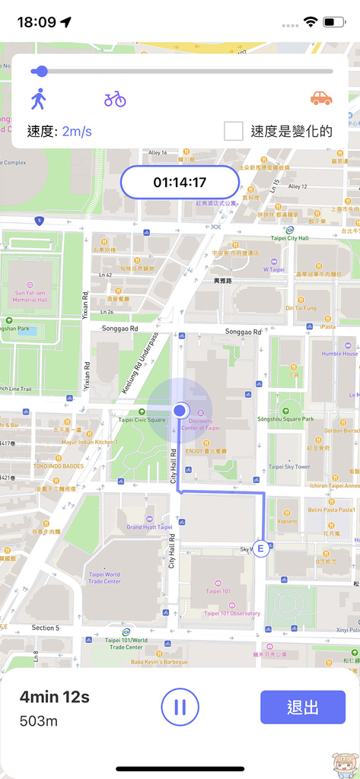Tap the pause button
point(180,707)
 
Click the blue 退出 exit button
point(302,707)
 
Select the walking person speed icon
point(38,99)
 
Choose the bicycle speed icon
point(115,99)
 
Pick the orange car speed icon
point(320,98)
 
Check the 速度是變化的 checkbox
point(234,131)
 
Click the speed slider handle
point(41,72)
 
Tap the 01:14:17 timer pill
point(180,183)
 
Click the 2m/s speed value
point(77,132)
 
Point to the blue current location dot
point(180,410)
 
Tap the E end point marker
point(261,548)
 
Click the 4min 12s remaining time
point(54,697)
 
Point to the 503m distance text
point(39,720)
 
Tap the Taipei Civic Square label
point(141,420)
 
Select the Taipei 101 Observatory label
point(232,613)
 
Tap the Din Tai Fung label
point(300,308)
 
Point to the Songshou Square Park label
point(286,418)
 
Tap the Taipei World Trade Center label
point(102,578)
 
